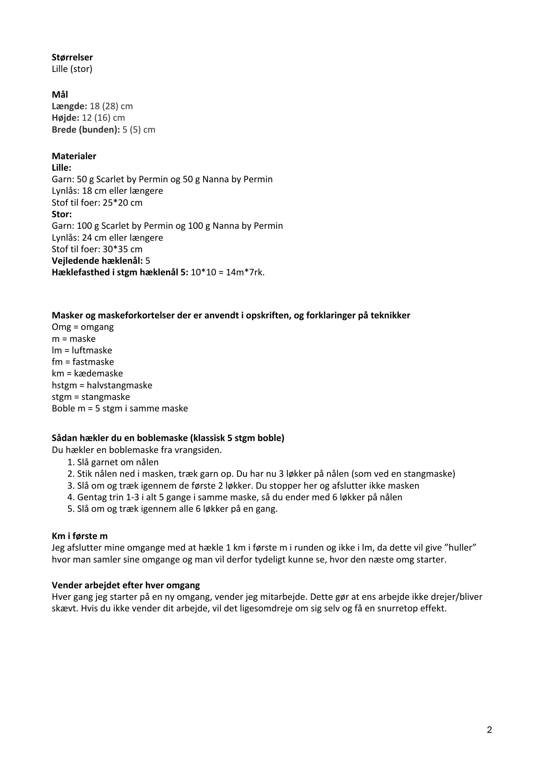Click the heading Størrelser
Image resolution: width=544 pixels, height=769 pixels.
tap(72, 57)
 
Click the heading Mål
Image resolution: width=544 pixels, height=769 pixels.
tap(60, 94)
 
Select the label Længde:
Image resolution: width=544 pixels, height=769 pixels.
tap(70, 106)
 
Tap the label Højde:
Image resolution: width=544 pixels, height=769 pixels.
tap(65, 118)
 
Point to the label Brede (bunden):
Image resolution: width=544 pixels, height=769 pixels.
tap(86, 129)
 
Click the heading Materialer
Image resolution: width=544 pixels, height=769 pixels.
tap(74, 156)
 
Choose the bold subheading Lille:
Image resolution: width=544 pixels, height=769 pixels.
tap(62, 168)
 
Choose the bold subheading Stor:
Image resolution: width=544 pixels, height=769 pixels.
tap(62, 214)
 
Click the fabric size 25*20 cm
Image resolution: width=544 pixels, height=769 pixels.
tap(122, 203)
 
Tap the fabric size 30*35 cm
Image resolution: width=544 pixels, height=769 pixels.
tap(122, 249)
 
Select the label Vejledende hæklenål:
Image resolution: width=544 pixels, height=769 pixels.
tap(98, 261)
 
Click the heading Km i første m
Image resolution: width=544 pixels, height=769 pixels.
tap(80, 536)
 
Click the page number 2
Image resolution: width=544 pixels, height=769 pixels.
tap(489, 730)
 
